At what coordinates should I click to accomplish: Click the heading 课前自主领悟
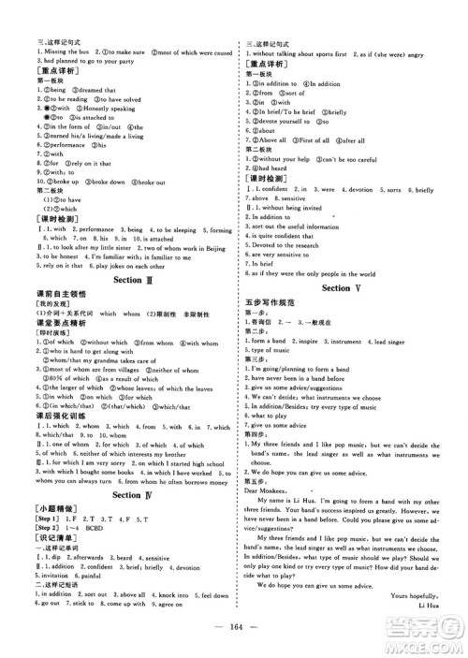54,295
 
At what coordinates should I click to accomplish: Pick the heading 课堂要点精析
54,323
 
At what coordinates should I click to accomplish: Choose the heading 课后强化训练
54,417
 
